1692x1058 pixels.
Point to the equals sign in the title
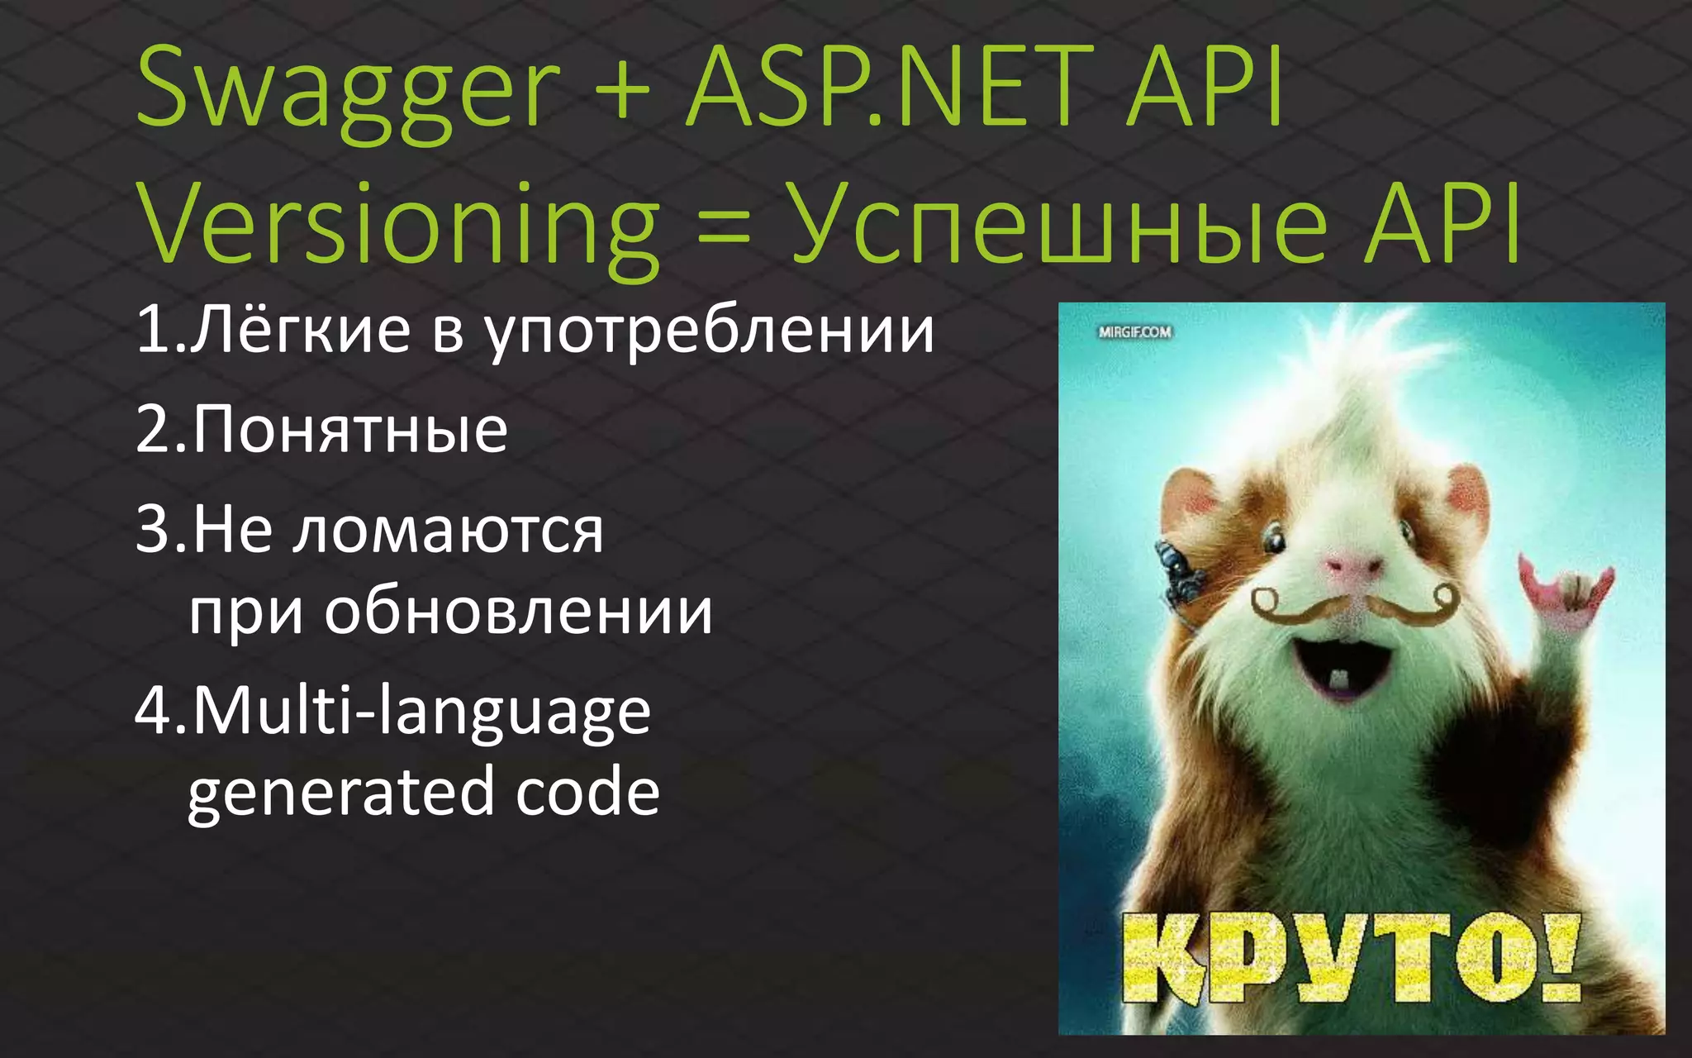[724, 227]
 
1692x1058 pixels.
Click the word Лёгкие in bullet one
[301, 331]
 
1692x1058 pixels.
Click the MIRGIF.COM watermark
[1134, 332]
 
